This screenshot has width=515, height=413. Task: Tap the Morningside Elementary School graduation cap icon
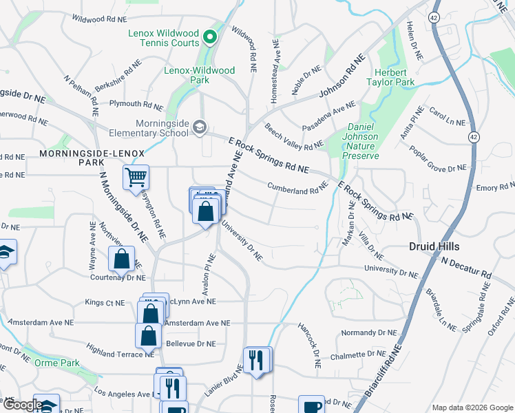(200, 127)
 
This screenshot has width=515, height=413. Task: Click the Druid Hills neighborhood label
(434, 246)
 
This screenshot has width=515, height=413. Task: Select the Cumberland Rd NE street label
(297, 187)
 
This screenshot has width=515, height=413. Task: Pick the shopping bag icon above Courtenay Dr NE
(121, 260)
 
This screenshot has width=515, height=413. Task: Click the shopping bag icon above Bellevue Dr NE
(149, 337)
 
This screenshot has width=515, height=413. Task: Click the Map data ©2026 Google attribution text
(472, 407)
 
